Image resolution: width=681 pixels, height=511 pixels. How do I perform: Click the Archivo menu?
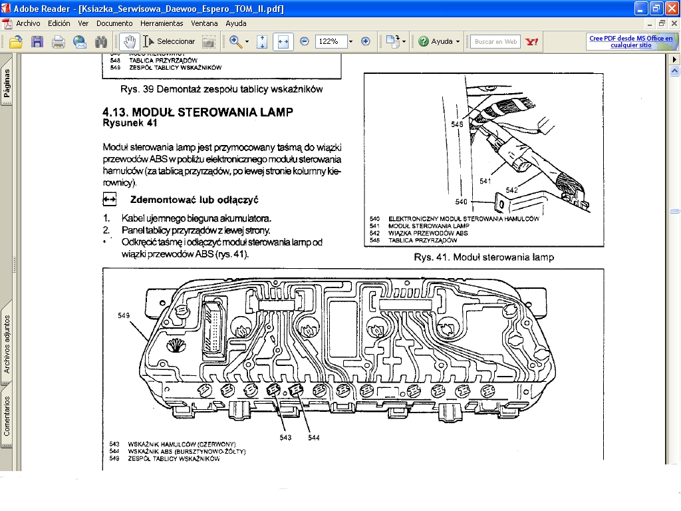[28, 23]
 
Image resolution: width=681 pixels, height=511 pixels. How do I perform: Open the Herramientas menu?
[162, 23]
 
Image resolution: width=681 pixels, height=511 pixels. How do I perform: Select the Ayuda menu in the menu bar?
[235, 23]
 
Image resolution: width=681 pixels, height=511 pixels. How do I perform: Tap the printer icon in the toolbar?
[59, 42]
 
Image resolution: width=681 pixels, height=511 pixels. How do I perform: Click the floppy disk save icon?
[37, 42]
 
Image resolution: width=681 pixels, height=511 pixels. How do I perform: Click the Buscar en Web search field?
[495, 41]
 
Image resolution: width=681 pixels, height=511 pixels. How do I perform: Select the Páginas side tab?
[7, 83]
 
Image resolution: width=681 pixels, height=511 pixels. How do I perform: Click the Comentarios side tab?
[7, 416]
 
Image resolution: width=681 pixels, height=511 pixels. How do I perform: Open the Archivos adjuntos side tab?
[7, 343]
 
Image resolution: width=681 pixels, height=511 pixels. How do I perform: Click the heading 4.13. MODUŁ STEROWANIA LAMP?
[198, 112]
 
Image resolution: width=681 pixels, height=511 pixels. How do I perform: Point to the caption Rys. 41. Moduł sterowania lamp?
[483, 257]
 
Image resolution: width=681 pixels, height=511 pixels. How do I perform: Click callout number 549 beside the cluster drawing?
[124, 315]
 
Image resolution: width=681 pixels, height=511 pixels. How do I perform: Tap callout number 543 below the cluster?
[285, 437]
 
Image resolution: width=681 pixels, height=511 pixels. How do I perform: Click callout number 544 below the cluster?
[314, 437]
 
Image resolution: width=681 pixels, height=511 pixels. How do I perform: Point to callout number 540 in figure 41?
[462, 202]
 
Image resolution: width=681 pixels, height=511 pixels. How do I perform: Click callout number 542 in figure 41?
[511, 190]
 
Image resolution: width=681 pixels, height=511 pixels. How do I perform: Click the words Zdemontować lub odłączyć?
[194, 200]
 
